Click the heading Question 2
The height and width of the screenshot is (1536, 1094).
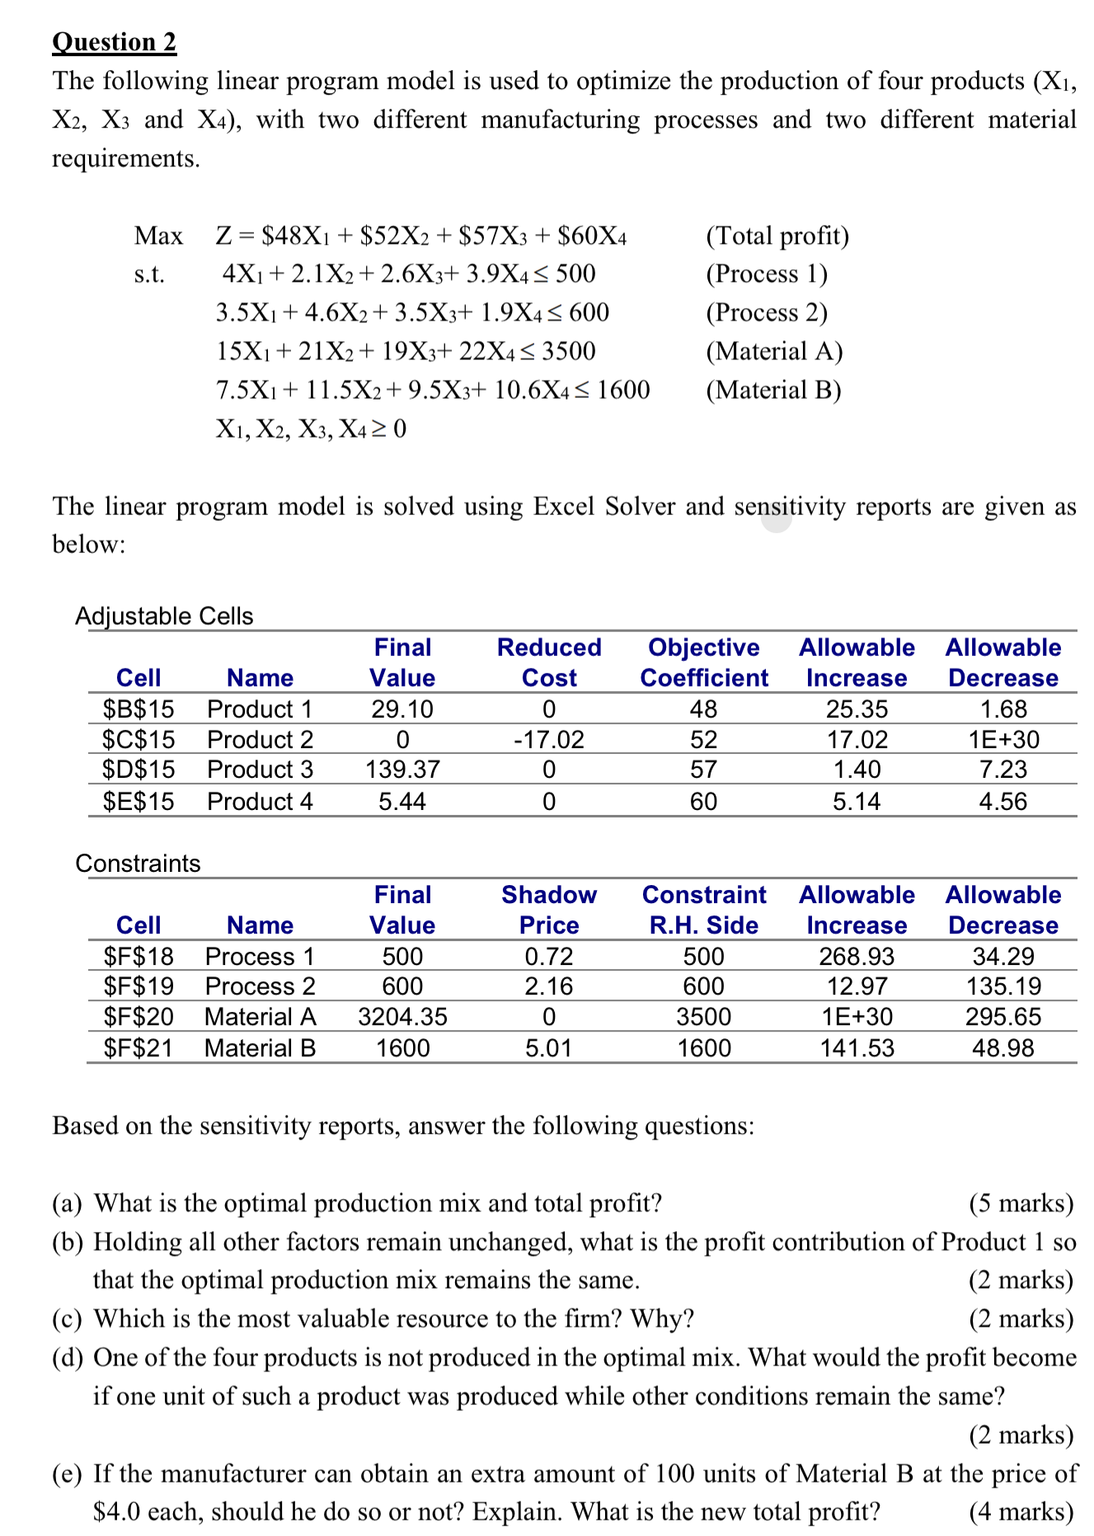click(114, 42)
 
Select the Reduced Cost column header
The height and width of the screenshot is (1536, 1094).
click(549, 663)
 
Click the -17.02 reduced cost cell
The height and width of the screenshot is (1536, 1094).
click(549, 739)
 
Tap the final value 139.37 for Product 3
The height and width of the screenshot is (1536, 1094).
click(402, 770)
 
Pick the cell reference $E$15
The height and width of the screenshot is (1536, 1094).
click(139, 801)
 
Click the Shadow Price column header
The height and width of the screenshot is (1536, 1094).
click(549, 910)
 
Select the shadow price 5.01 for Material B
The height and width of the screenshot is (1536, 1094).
click(549, 1048)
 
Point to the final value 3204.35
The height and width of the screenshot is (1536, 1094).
click(402, 1017)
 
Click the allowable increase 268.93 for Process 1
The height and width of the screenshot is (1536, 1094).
click(857, 956)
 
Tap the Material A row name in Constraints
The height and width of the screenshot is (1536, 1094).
click(261, 1017)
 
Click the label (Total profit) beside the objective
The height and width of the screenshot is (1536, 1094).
click(777, 236)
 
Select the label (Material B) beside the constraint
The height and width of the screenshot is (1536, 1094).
click(773, 390)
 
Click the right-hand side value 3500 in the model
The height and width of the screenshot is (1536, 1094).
click(569, 352)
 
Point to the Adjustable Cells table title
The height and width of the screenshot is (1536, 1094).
click(164, 616)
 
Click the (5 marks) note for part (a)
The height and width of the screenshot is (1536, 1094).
click(1021, 1203)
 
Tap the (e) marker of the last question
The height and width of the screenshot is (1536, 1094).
click(67, 1473)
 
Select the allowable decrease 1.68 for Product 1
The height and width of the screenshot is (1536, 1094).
click(1003, 709)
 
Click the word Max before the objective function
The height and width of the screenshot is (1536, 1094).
click(158, 236)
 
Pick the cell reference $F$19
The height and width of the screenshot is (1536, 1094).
click(139, 986)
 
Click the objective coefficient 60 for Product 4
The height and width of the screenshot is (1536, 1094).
click(703, 801)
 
